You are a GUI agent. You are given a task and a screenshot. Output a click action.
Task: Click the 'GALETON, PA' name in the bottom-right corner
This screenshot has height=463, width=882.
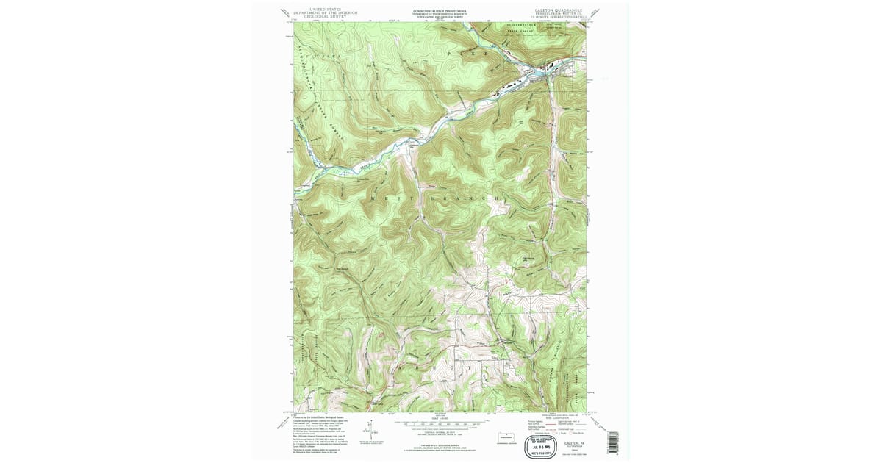click(565, 435)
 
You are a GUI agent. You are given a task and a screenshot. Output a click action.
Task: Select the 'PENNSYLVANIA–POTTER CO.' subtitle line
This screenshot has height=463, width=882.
click(559, 14)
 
